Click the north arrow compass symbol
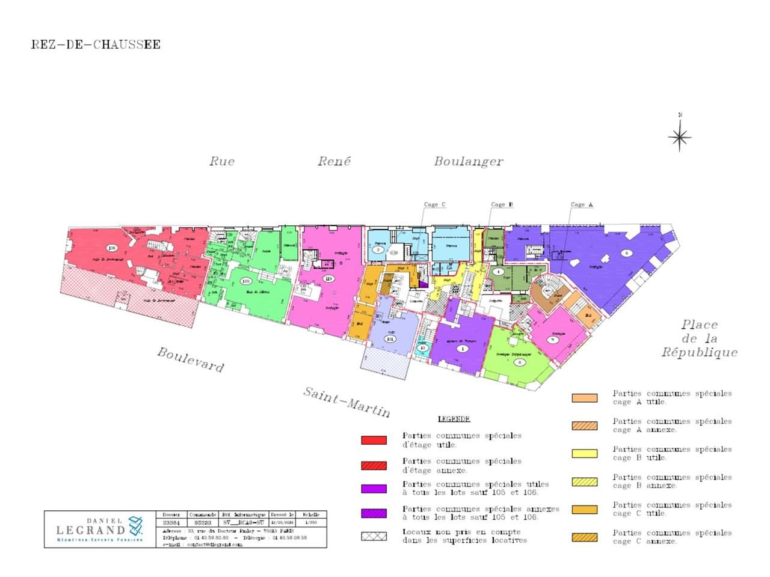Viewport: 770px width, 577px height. point(680,137)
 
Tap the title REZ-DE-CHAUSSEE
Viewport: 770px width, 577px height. point(96,44)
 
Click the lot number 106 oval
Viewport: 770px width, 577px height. point(111,248)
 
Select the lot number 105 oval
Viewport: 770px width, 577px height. point(245,281)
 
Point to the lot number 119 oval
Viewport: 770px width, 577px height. point(328,278)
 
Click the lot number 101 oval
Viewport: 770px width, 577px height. point(390,339)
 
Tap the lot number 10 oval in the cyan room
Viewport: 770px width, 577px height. point(423,347)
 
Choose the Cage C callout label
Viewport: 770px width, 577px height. point(434,204)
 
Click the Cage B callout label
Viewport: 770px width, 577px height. point(502,204)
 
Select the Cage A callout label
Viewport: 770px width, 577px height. point(582,204)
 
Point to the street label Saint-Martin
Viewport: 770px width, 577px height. point(346,402)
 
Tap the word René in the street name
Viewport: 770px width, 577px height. point(334,161)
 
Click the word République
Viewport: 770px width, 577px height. point(699,352)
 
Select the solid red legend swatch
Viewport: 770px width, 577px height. point(374,440)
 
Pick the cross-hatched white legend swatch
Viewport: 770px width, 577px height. point(374,536)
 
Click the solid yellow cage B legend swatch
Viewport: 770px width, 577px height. point(584,454)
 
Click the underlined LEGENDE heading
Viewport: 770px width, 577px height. point(454,419)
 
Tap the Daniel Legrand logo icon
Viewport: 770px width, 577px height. point(136,526)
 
